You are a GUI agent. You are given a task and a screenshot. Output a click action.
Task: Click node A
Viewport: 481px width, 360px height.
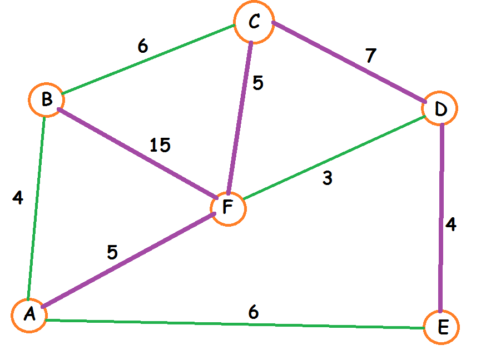pos(29,315)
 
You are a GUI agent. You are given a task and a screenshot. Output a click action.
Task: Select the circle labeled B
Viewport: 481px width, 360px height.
pos(47,100)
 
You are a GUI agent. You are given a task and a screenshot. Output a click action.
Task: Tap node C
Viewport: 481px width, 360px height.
pos(254,23)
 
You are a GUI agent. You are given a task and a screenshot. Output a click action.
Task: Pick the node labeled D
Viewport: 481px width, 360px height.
pos(440,108)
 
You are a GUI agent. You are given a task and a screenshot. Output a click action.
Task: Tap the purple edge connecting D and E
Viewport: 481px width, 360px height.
pos(441,217)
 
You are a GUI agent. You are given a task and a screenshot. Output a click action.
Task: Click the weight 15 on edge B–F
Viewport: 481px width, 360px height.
pos(160,146)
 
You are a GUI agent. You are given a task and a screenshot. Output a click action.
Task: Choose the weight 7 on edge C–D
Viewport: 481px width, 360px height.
pos(370,56)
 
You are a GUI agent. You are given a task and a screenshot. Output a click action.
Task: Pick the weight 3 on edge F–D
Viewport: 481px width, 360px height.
pos(328,178)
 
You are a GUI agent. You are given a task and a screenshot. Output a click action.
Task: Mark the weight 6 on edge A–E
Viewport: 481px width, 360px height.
pos(253,312)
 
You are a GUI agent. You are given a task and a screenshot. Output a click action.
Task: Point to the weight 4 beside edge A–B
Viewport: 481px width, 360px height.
pos(17,198)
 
